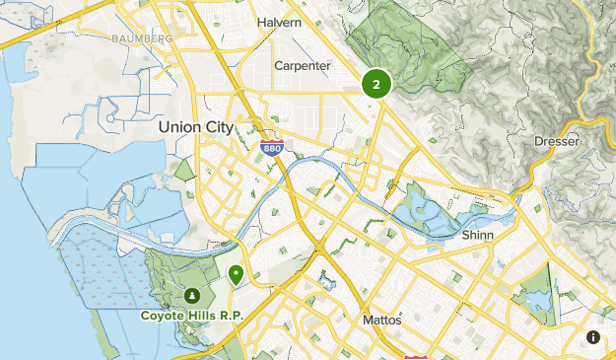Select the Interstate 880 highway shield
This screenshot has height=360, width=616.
272,149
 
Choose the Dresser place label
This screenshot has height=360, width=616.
557,141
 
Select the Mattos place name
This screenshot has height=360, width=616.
376,321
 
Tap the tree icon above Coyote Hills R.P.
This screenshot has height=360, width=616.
191,295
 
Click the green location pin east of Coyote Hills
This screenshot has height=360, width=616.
236,274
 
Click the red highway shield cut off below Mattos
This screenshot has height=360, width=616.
416,356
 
